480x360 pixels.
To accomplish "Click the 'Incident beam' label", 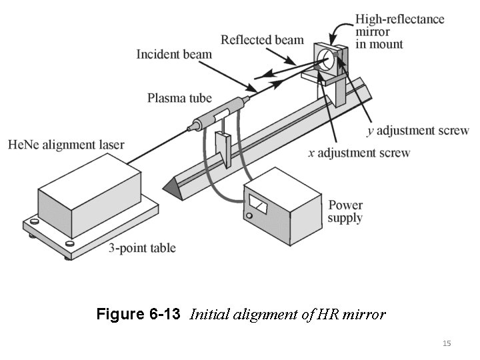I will coord(174,54).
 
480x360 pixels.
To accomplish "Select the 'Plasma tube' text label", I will coord(179,99).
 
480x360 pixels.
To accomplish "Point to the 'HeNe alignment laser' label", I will coord(66,145).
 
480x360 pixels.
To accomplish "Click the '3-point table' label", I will coord(142,248).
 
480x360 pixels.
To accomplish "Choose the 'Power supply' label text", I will coord(345,211).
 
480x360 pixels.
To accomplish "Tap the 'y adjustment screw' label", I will coord(418,130).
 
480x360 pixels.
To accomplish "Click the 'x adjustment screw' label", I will coord(359,153).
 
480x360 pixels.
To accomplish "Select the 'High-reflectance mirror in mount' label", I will coord(399,31).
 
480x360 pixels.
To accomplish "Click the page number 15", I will coord(447,343).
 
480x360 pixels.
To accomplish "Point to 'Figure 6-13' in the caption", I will coord(138,314).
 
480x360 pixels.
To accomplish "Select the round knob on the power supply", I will coord(249,216).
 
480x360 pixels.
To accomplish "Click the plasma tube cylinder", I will coord(219,114).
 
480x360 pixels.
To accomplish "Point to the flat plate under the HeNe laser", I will coord(93,230).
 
